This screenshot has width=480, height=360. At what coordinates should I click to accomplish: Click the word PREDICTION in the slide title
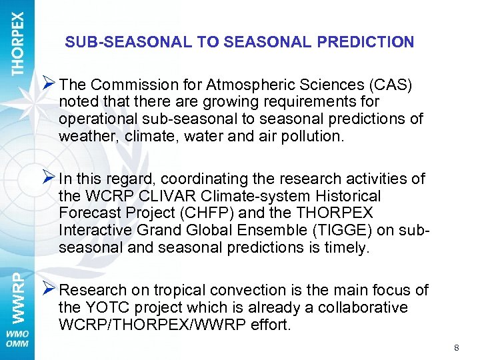click(365, 42)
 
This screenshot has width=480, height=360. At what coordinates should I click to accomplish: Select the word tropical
click(181, 290)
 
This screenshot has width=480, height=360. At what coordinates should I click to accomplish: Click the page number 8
click(456, 347)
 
